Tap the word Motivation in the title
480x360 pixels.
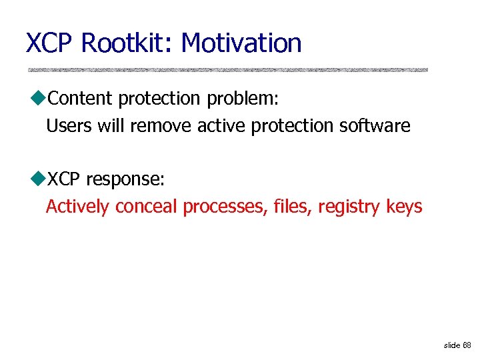click(x=241, y=43)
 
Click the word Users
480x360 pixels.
click(x=69, y=125)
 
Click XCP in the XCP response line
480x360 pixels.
click(x=64, y=180)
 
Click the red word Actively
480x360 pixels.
click(x=77, y=207)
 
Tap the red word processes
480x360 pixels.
click(x=226, y=207)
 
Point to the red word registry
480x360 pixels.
click(x=349, y=207)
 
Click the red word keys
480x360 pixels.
click(x=404, y=207)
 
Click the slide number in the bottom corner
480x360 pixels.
click(x=458, y=345)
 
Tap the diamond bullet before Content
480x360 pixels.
click(x=37, y=99)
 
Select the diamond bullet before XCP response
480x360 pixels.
click(x=37, y=180)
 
